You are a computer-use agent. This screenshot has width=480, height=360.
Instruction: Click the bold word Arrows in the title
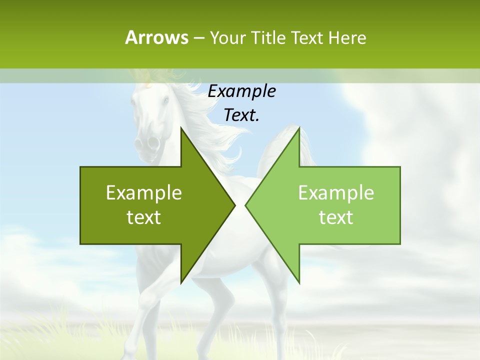point(156,37)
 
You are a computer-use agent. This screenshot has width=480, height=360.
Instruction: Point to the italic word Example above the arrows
point(241,91)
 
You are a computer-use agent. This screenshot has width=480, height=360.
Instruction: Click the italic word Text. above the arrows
point(241,115)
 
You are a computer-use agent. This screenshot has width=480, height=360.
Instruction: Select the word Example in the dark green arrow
point(144,192)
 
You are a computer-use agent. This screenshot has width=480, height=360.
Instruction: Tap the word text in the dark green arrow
point(144,217)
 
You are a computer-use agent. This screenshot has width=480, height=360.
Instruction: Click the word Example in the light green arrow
point(336,192)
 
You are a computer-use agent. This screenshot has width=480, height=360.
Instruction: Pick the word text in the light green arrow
point(336,217)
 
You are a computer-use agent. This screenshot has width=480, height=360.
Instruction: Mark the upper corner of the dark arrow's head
point(181,128)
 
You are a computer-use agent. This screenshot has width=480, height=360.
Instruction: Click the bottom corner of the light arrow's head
point(299,282)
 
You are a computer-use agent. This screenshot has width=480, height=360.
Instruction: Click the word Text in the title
point(307,37)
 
